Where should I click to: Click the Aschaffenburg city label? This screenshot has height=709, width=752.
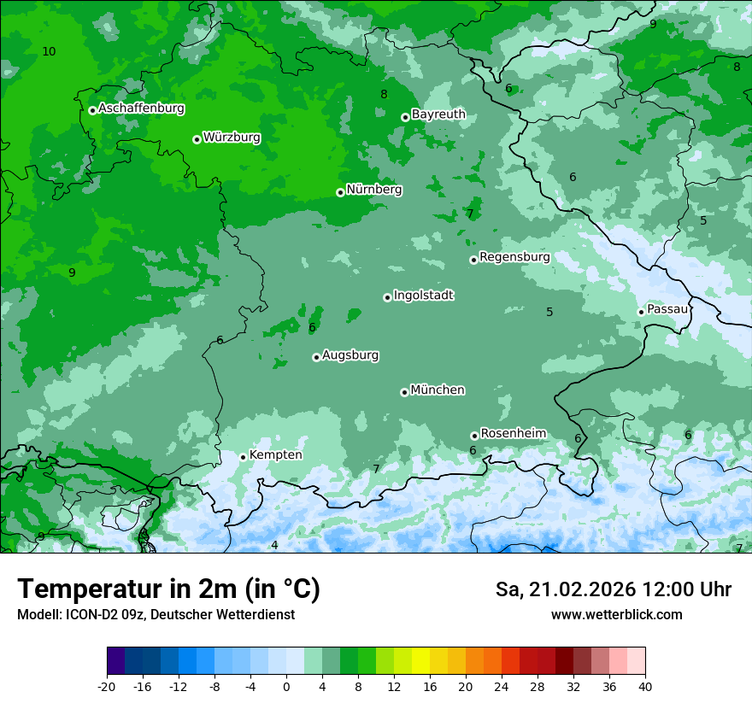[x=141, y=108]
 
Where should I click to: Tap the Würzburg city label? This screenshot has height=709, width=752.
[x=232, y=138]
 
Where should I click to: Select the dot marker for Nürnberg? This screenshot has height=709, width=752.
[x=340, y=192]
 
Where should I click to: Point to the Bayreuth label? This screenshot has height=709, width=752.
[x=438, y=114]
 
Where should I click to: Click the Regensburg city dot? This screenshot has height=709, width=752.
[x=473, y=260]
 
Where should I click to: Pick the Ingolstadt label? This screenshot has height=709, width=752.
[x=423, y=296]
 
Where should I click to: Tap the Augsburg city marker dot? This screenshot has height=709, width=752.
[x=316, y=357]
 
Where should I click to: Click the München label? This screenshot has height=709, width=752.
[x=438, y=390]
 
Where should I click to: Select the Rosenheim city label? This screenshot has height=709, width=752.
[x=513, y=434]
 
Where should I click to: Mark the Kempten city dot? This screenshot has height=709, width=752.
[x=244, y=457]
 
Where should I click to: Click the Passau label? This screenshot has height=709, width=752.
[x=667, y=309]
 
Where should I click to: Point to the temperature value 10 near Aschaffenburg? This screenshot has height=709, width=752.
[x=49, y=52]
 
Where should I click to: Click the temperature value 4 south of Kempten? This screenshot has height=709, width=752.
[x=274, y=545]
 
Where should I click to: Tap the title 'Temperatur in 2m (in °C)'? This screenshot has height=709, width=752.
[x=168, y=589]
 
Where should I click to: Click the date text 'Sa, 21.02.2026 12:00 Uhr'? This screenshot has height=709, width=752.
[x=613, y=589]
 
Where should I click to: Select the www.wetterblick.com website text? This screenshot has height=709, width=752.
[x=616, y=614]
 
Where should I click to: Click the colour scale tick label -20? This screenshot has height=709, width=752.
[x=107, y=686]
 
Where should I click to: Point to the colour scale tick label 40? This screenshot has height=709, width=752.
[x=645, y=686]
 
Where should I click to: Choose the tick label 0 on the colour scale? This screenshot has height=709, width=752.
[x=286, y=686]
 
